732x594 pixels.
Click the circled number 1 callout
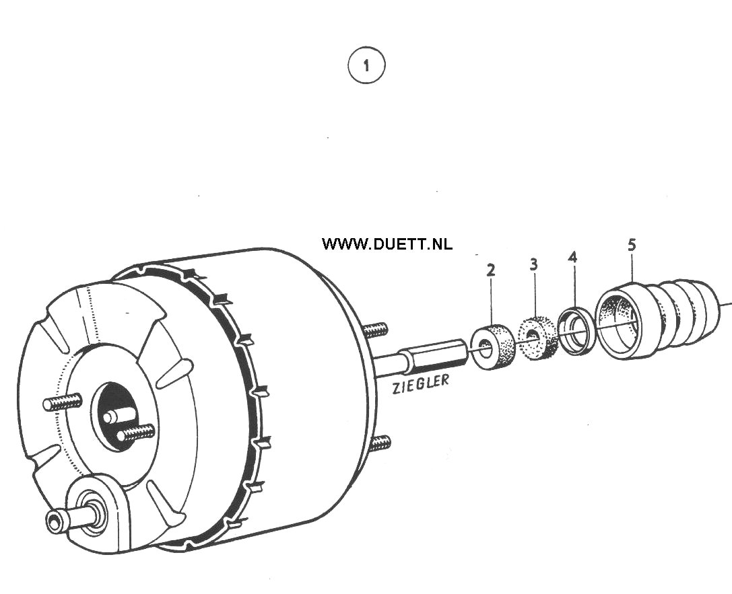[366, 65]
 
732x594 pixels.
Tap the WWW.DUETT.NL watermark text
[387, 244]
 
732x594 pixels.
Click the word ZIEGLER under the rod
[420, 384]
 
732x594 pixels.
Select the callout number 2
[490, 270]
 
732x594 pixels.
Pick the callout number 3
[533, 264]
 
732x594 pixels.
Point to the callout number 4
[573, 257]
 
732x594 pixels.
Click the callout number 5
[632, 244]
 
